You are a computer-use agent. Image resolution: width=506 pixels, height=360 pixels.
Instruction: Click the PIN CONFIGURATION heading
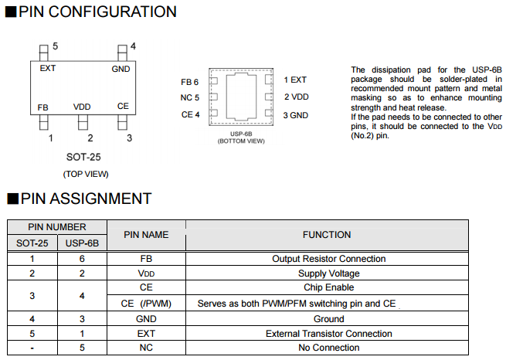97,12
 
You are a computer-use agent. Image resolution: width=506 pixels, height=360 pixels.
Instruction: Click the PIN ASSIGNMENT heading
86,199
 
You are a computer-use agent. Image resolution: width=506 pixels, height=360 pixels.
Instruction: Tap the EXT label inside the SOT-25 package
48,68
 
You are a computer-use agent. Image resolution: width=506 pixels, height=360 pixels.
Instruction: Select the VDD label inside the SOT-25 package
83,106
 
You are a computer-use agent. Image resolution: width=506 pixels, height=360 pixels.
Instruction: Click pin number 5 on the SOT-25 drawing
54,46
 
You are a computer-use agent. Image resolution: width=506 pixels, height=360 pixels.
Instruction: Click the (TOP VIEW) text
86,174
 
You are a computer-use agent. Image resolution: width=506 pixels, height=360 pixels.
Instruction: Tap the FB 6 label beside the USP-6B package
189,82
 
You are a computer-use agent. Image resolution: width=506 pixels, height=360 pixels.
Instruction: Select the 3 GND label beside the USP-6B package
296,115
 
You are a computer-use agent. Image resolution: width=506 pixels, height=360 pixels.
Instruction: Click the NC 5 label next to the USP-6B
189,98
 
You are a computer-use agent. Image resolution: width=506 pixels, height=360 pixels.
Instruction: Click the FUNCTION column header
327,235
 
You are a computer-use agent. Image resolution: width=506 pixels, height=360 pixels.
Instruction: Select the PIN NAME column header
146,235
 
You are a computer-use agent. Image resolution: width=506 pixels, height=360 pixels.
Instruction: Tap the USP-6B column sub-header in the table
83,243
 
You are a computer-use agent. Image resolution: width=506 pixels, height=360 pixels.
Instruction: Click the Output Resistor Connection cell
328,259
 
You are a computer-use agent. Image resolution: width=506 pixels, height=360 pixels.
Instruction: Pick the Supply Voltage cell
328,273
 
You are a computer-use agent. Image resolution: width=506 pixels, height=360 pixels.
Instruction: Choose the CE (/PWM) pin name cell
146,304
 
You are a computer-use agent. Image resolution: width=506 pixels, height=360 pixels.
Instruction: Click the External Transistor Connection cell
328,334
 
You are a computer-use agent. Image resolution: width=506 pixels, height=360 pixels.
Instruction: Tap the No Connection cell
328,348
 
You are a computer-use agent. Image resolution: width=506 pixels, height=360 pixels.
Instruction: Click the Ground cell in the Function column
328,318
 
